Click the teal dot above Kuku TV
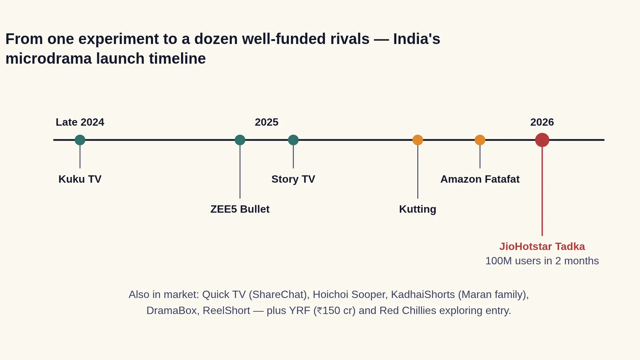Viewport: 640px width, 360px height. pyautogui.click(x=80, y=140)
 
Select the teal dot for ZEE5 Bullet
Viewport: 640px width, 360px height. pyautogui.click(x=240, y=140)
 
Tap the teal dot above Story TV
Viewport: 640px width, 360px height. pyautogui.click(x=293, y=140)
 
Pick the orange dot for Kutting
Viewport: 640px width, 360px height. pyautogui.click(x=418, y=140)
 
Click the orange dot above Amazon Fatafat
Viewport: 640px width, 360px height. pyautogui.click(x=480, y=140)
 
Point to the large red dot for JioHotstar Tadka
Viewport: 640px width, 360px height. pyautogui.click(x=542, y=140)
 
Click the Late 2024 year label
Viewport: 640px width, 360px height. pyautogui.click(x=80, y=122)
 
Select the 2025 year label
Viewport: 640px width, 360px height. pyautogui.click(x=267, y=122)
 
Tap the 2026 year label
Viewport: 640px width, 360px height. pyautogui.click(x=542, y=122)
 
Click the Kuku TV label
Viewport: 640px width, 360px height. pyautogui.click(x=80, y=179)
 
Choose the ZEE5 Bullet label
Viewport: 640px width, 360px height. pyautogui.click(x=240, y=209)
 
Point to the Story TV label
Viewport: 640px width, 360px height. pyautogui.click(x=293, y=179)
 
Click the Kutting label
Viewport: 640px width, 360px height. pyautogui.click(x=418, y=209)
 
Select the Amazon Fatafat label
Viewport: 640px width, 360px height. pyautogui.click(x=480, y=179)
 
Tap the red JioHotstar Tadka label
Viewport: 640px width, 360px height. pyautogui.click(x=542, y=247)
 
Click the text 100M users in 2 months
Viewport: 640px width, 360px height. pyautogui.click(x=542, y=261)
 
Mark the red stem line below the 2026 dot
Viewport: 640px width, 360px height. pyautogui.click(x=542, y=191)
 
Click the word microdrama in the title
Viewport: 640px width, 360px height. pyautogui.click(x=49, y=59)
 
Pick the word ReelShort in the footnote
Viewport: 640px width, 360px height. pyautogui.click(x=226, y=311)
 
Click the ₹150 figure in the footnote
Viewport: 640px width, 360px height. pyautogui.click(x=328, y=311)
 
